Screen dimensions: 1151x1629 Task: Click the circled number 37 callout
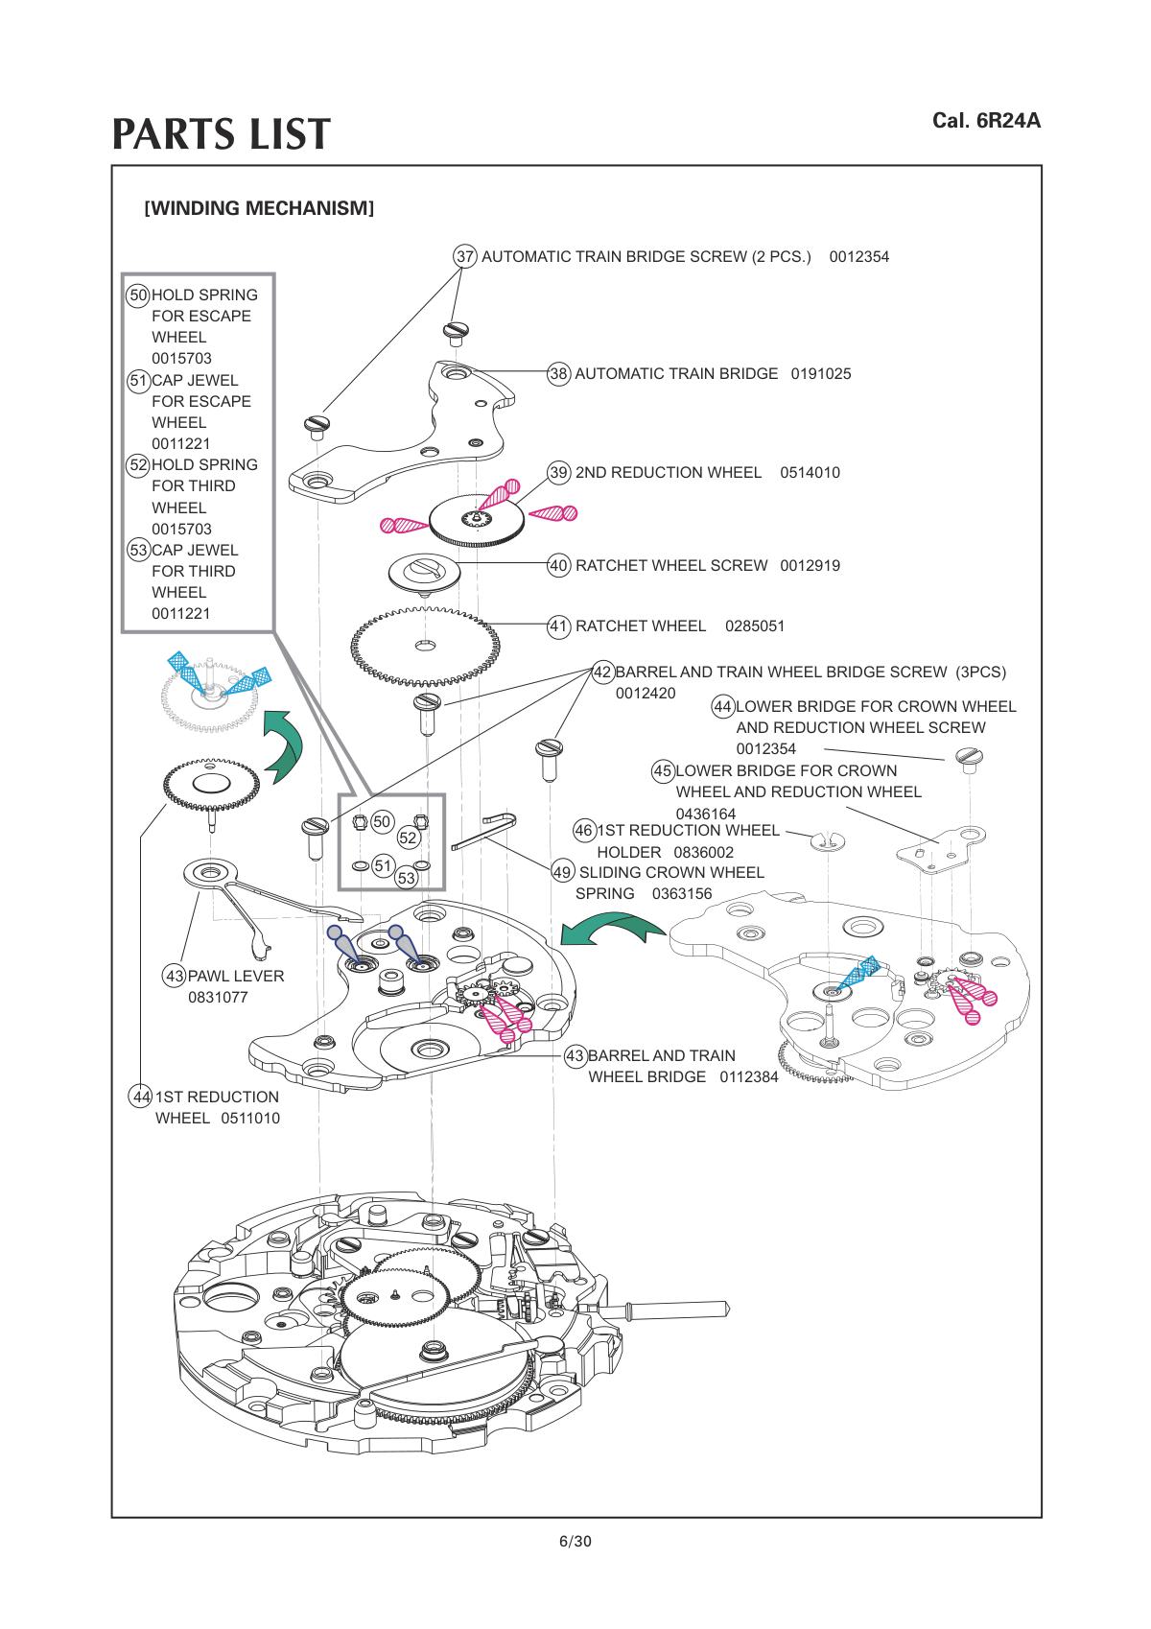point(464,256)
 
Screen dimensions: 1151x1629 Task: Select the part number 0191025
point(821,374)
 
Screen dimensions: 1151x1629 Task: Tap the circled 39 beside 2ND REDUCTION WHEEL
point(557,473)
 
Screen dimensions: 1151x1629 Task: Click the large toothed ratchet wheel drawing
point(425,646)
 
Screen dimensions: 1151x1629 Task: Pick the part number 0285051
point(755,626)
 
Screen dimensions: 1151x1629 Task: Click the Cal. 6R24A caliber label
point(987,121)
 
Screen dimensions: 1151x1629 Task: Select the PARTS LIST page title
point(221,133)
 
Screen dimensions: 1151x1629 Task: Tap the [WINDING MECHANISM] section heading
point(259,208)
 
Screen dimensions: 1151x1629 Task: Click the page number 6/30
point(575,1541)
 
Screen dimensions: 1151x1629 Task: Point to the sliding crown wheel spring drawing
point(482,831)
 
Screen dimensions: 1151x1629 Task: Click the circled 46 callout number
point(584,831)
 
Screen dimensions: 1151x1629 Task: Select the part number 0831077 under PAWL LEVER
point(218,997)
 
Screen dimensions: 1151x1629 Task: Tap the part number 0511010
point(250,1119)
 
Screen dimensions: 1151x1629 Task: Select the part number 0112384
point(749,1077)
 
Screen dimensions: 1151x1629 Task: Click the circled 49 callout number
point(562,873)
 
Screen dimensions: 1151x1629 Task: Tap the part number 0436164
point(705,814)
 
